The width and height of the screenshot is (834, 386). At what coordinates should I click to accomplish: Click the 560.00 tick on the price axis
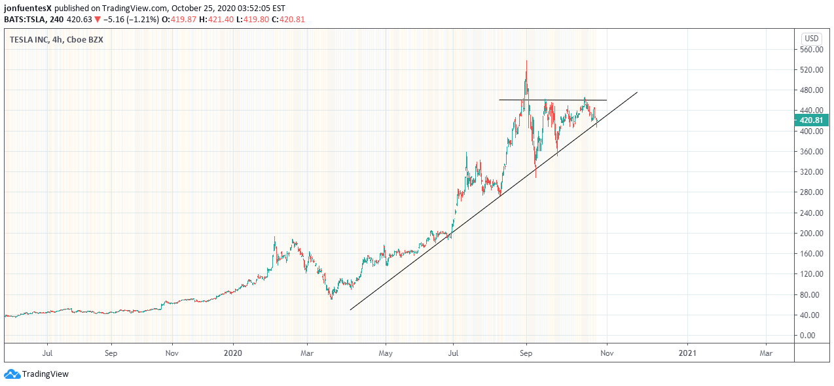point(812,49)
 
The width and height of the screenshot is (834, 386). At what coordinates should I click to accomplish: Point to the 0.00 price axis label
point(812,335)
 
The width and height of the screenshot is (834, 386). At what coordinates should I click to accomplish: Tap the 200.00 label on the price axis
point(812,233)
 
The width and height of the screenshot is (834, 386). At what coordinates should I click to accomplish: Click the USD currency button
point(812,38)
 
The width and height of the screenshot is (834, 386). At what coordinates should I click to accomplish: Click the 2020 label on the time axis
point(234,353)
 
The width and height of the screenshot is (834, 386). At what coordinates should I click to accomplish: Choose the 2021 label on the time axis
point(687,353)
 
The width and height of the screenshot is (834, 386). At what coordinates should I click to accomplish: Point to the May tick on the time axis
point(386,353)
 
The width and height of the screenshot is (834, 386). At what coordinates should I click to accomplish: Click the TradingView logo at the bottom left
point(37,374)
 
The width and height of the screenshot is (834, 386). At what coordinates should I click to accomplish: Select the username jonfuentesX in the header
point(27,9)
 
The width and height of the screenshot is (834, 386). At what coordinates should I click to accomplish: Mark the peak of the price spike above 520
point(526,61)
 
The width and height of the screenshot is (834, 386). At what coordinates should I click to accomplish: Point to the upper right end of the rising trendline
point(637,92)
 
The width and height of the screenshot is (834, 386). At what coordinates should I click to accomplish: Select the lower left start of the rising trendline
point(351,309)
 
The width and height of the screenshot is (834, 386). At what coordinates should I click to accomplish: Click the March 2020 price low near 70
point(331,298)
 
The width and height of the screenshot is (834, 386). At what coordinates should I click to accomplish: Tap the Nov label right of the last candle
point(607,353)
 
